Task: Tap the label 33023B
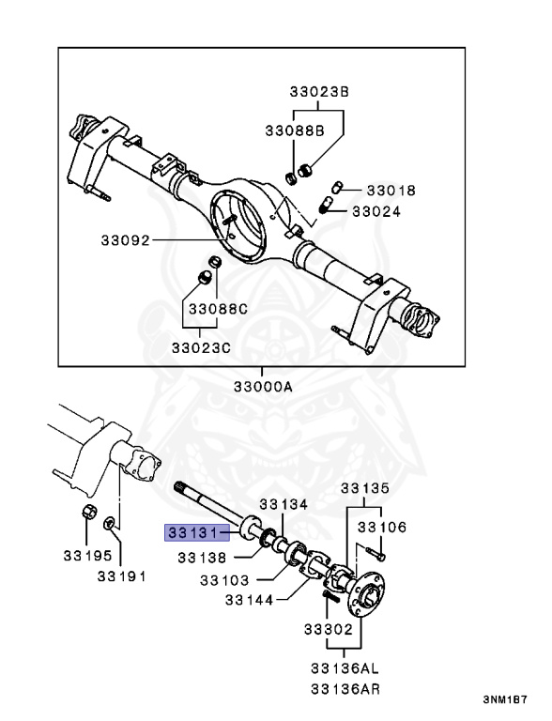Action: [319, 92]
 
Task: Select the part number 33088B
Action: [295, 131]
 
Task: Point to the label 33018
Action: [391, 191]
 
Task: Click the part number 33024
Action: [376, 211]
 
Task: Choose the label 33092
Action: [126, 240]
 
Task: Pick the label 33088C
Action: [218, 309]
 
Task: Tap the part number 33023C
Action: [201, 347]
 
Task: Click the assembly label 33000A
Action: [263, 386]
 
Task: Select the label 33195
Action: [87, 556]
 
